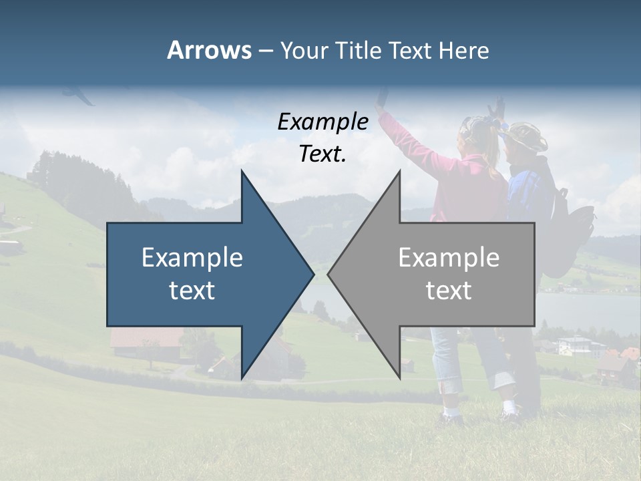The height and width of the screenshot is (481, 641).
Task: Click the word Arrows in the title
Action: coord(209,50)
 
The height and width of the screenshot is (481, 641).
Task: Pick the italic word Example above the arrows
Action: coord(323,122)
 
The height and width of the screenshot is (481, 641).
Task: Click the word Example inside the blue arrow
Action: coord(192,257)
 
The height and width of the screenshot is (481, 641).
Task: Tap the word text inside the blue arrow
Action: coord(192,291)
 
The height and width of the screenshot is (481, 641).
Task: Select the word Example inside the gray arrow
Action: coord(449,257)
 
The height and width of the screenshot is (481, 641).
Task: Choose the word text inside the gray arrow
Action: coord(449,291)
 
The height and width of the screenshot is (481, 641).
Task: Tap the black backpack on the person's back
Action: coord(574,227)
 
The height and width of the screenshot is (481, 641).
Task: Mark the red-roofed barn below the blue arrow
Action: coord(146,341)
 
